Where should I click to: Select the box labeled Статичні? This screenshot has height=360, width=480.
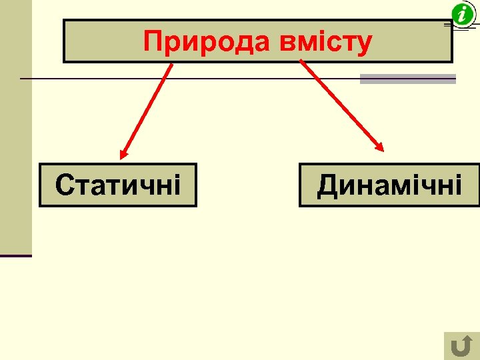pyautogui.click(x=118, y=185)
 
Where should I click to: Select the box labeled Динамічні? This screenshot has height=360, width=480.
pyautogui.click(x=389, y=185)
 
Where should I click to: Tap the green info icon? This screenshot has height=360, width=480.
pyautogui.click(x=461, y=13)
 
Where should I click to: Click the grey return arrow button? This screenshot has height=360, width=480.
pyautogui.click(x=461, y=346)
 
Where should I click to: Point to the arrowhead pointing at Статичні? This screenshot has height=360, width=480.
pyautogui.click(x=123, y=155)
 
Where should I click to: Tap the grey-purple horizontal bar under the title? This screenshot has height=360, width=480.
pyautogui.click(x=407, y=79)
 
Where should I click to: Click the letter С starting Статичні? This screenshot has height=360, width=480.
pyautogui.click(x=64, y=185)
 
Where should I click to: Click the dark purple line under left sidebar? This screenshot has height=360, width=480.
pyautogui.click(x=16, y=256)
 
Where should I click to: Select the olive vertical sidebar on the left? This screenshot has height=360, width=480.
pyautogui.click(x=15, y=127)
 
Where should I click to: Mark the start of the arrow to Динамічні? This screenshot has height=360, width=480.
pyautogui.click(x=301, y=62)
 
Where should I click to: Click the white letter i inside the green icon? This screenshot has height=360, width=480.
pyautogui.click(x=461, y=13)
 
